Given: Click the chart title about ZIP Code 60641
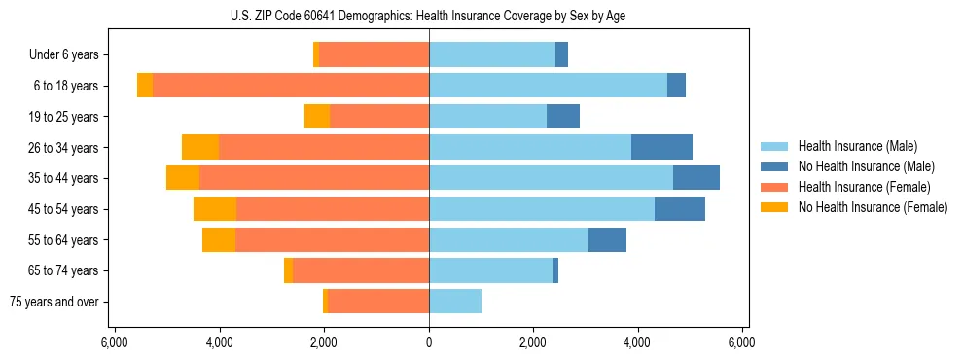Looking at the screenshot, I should coord(429,15).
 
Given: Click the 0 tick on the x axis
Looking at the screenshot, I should coord(429,342).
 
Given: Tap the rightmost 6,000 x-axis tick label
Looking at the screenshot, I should coord(742,342).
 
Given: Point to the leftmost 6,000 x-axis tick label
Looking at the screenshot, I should coord(115,342).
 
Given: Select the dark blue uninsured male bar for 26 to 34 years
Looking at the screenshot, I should coord(661,147).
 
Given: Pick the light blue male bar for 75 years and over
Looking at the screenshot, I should coord(455,302).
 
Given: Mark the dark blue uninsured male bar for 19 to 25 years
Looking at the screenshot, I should coord(563,117).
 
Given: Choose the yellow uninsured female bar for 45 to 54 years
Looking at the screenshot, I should coord(215,209).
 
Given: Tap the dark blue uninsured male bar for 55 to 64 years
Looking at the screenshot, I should coord(607,239).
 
